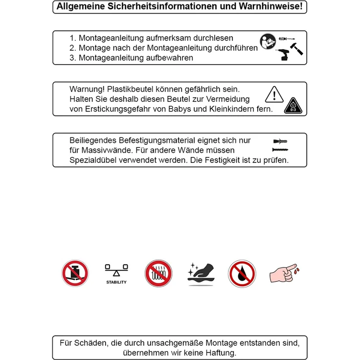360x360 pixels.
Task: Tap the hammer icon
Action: click(x=296, y=49)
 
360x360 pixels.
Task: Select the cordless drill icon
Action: click(x=283, y=55)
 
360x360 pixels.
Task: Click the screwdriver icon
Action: click(x=287, y=39)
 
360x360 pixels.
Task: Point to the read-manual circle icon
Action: click(x=268, y=41)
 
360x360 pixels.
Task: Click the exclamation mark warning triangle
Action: click(x=274, y=94)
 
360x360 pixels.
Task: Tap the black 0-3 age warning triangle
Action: click(x=293, y=106)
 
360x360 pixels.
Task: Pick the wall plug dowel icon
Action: click(x=280, y=141)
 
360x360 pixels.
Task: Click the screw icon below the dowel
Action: click(x=280, y=150)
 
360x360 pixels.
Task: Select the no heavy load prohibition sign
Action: click(x=75, y=273)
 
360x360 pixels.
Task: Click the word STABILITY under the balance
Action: click(x=116, y=282)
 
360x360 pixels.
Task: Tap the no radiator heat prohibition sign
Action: click(x=158, y=273)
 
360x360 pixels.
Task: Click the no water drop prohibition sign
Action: click(x=242, y=274)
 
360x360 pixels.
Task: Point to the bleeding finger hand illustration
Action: click(x=285, y=273)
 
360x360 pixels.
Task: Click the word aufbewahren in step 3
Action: click(x=169, y=58)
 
